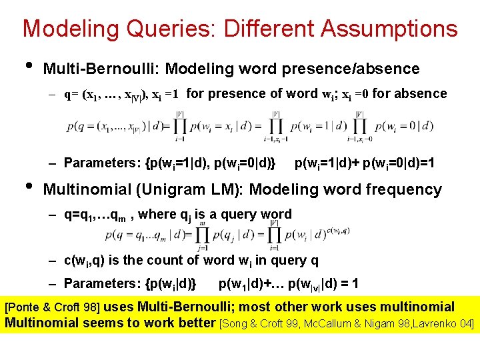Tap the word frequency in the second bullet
point(403,189)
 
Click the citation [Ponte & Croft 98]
point(53,308)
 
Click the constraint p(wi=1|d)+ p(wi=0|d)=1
point(365,163)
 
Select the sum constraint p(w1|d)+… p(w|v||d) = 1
point(288,283)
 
